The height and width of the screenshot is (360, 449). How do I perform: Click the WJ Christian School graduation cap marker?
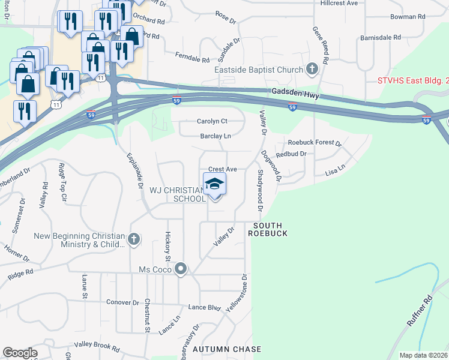coord(214,184)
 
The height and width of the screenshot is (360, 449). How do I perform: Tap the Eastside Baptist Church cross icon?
coord(311,70)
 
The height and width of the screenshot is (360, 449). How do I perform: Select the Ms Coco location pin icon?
coord(181,270)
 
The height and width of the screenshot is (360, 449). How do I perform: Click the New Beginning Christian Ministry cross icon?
coord(133,240)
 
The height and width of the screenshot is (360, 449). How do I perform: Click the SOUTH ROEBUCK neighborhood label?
coord(267,229)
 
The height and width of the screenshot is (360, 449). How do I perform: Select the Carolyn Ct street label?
coord(212,121)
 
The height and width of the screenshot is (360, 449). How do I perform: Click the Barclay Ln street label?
coord(215,136)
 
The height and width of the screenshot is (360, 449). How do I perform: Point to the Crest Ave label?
coord(223,170)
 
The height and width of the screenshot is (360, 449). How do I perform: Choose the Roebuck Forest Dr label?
coord(315,143)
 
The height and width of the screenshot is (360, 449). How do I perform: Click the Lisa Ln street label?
coord(335,170)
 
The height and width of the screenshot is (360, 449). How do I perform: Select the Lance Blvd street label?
coord(205,307)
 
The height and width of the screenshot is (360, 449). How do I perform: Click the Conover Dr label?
coord(122,302)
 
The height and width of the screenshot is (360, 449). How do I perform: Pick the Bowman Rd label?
coord(407,17)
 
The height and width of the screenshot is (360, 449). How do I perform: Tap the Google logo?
coord(20,353)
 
